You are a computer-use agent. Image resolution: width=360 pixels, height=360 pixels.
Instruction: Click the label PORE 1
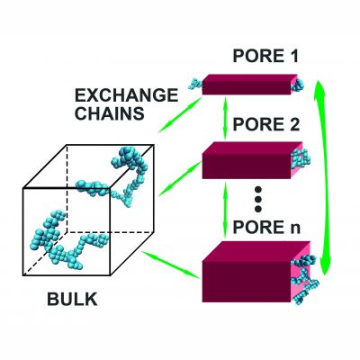265,56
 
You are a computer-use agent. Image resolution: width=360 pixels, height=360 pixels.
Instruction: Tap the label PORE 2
266,124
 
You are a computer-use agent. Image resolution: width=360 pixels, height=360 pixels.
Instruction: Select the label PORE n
266,228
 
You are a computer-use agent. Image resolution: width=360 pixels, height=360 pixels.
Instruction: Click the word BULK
72,299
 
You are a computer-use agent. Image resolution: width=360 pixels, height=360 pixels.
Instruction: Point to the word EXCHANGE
126,95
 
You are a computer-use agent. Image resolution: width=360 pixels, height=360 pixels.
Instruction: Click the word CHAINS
110,113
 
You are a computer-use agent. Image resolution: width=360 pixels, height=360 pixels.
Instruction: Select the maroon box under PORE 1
249,85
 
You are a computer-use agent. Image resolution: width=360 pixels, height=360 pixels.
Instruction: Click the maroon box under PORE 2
249,160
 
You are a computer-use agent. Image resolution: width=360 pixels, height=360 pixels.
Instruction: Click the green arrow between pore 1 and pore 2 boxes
226,118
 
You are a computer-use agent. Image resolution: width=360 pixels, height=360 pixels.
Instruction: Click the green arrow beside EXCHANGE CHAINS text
181,114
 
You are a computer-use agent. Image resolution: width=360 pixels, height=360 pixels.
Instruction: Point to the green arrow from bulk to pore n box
171,265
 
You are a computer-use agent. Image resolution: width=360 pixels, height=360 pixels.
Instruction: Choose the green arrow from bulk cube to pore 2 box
180,179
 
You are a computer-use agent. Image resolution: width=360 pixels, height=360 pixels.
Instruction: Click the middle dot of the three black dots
258,199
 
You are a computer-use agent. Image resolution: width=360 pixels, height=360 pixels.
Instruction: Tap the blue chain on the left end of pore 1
195,84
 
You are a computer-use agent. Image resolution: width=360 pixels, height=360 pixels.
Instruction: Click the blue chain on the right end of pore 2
301,158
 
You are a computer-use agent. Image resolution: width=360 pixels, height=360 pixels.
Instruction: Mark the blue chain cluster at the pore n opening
304,279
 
